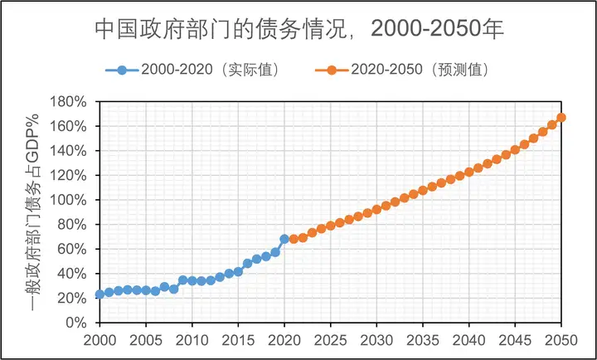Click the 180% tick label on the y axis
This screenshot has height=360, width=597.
pos(70,102)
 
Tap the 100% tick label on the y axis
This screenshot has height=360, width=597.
pos(70,200)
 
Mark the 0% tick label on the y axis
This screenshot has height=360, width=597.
pos(76,323)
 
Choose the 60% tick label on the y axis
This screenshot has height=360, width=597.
pos(73,249)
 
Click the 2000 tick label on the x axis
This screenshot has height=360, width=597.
pos(99,340)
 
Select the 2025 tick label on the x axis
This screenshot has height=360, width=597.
pos(330,340)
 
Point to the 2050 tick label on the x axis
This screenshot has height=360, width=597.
pos(561,340)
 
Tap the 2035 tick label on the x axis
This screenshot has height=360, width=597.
pos(423,340)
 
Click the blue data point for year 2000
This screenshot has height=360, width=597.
pos(99,294)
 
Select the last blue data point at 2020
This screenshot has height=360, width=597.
pos(284,239)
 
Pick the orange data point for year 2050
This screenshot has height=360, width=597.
pos(561,117)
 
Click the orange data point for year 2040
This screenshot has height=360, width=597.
pos(469,172)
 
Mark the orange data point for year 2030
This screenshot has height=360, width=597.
pos(376,209)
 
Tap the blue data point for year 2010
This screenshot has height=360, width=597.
pos(192,280)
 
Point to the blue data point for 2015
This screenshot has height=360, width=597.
pos(238,271)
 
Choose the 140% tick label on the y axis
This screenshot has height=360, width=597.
pos(70,151)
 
